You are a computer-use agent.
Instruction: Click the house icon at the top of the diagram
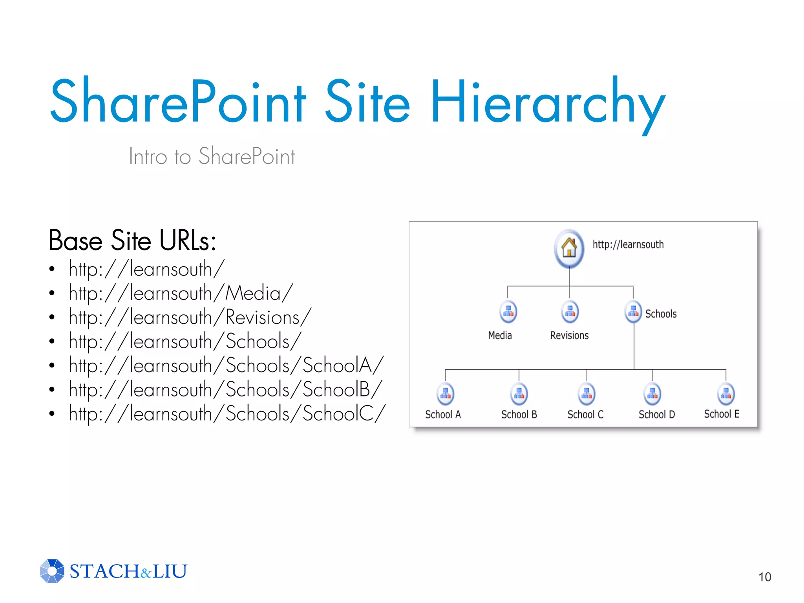pyautogui.click(x=569, y=249)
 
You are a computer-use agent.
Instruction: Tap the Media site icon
pyautogui.click(x=508, y=312)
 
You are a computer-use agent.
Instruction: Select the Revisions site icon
pyautogui.click(x=570, y=312)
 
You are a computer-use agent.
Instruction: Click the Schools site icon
pyautogui.click(x=633, y=312)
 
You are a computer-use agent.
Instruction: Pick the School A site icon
pyautogui.click(x=445, y=394)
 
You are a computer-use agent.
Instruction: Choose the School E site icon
pyautogui.click(x=725, y=394)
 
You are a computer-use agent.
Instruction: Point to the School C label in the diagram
pyautogui.click(x=585, y=415)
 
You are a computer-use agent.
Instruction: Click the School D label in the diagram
pyautogui.click(x=656, y=415)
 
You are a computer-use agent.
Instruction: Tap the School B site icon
pyautogui.click(x=519, y=394)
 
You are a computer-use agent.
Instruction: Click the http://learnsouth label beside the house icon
pyautogui.click(x=628, y=245)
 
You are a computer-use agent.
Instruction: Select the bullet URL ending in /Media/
pyautogui.click(x=181, y=293)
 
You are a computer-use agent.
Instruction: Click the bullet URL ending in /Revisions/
pyautogui.click(x=190, y=318)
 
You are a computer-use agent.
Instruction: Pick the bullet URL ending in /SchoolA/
pyautogui.click(x=226, y=365)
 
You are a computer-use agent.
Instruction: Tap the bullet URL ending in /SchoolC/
pyautogui.click(x=227, y=414)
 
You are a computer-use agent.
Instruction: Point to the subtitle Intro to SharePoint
pyautogui.click(x=212, y=156)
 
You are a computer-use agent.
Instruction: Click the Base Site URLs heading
pyautogui.click(x=132, y=240)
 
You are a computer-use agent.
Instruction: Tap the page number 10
pyautogui.click(x=764, y=577)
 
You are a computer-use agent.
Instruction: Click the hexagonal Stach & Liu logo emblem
pyautogui.click(x=52, y=571)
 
